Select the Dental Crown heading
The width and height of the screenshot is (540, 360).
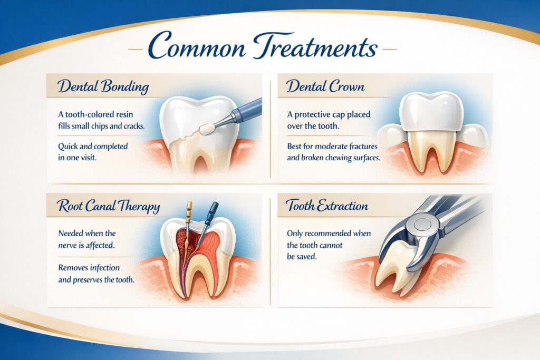pos(325,86)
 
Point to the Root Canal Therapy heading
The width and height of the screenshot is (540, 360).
pos(103,206)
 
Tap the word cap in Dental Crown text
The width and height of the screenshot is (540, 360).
pos(343,115)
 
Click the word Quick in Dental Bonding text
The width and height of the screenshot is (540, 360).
pos(69,146)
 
